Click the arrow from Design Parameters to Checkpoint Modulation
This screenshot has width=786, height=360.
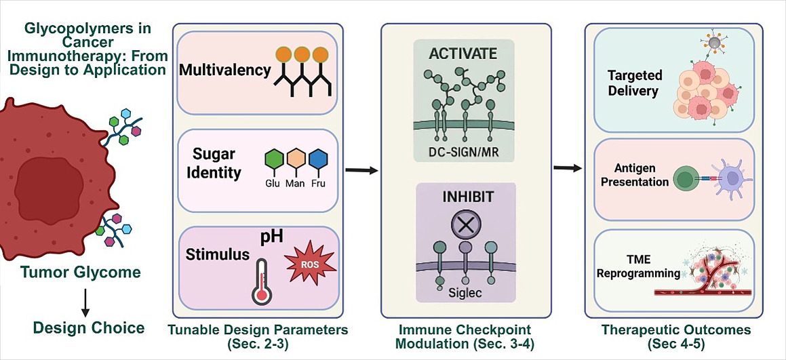pyautogui.click(x=361, y=169)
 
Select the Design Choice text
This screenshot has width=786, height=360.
pyautogui.click(x=89, y=328)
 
